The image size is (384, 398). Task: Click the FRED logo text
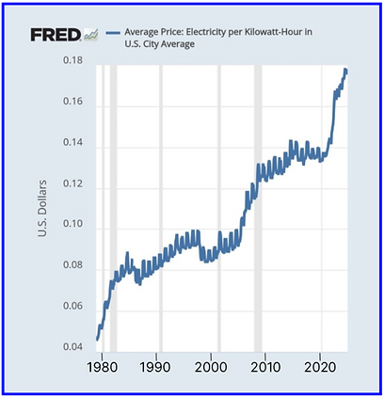pyautogui.click(x=54, y=35)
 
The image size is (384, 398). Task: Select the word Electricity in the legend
pyautogui.click(x=216, y=33)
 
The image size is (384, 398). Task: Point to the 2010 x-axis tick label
pyautogui.click(x=267, y=366)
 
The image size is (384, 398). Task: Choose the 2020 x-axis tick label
pyautogui.click(x=323, y=366)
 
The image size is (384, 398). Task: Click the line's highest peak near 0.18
pyautogui.click(x=345, y=70)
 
